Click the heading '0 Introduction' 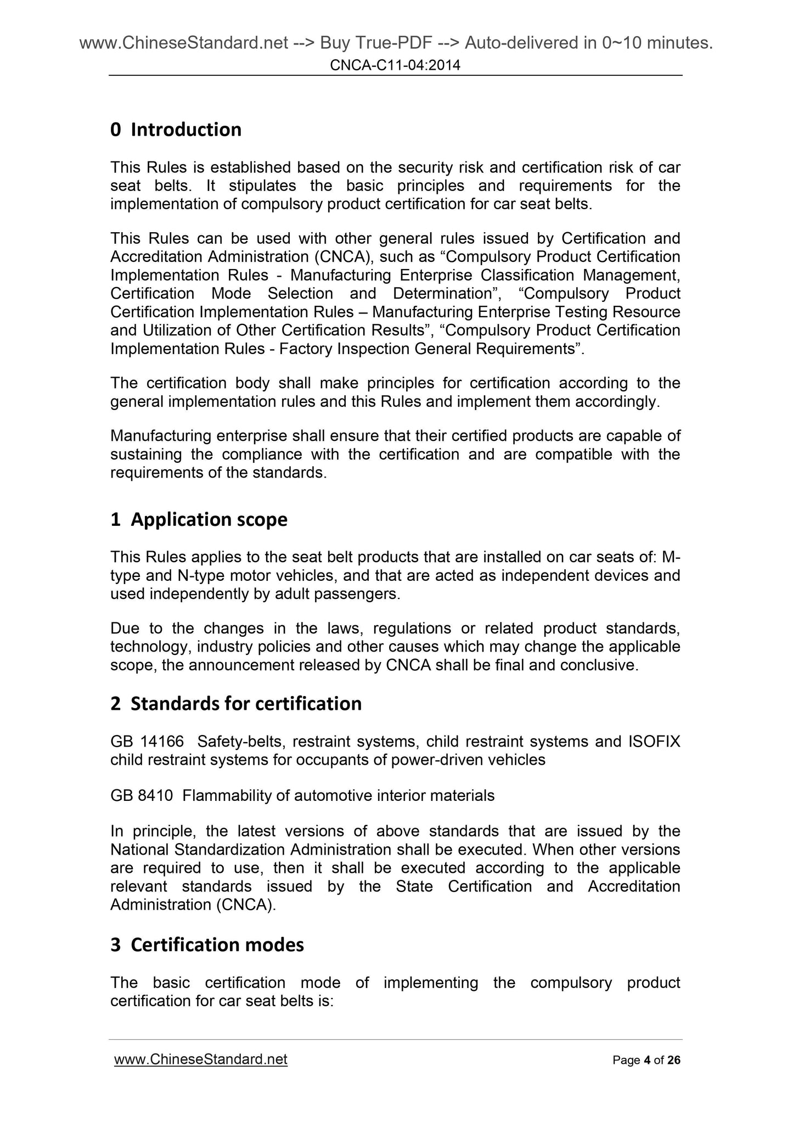[176, 130]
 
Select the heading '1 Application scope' [199, 519]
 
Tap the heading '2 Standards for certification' [236, 704]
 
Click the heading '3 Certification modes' [207, 945]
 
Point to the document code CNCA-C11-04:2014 [395, 66]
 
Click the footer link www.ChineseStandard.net [200, 1059]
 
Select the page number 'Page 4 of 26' [646, 1060]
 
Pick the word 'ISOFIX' [654, 742]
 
